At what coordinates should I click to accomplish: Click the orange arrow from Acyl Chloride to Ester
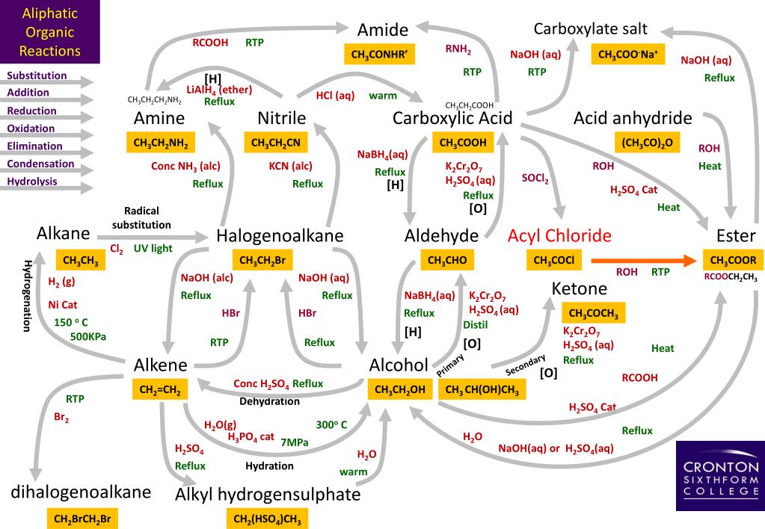(x=644, y=260)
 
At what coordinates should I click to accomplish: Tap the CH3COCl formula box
(x=554, y=260)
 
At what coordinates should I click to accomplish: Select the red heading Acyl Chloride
(x=559, y=236)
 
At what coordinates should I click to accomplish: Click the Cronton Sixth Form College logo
(x=720, y=475)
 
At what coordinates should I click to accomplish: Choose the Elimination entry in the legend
(x=35, y=146)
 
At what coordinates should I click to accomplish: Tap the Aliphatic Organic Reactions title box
(x=50, y=32)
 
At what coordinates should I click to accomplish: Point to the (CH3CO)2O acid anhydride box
(x=647, y=142)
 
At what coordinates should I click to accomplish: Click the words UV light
(x=153, y=248)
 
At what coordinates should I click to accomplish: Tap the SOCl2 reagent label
(x=535, y=178)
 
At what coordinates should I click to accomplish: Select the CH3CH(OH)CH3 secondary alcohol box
(x=482, y=389)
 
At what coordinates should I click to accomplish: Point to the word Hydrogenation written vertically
(x=27, y=296)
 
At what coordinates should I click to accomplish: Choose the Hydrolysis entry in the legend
(x=32, y=182)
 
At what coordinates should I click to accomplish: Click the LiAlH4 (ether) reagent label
(x=219, y=90)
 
